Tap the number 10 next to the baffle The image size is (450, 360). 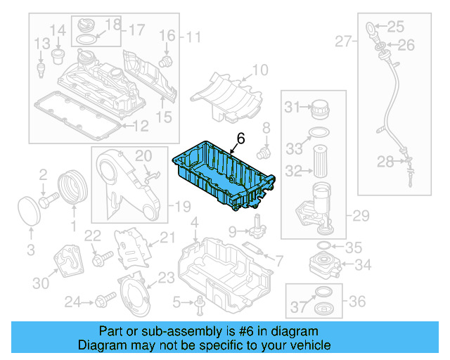[x=259, y=70]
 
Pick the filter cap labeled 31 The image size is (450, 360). [x=321, y=109]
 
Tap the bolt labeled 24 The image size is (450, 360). [x=106, y=301]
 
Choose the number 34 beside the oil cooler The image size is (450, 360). [x=363, y=265]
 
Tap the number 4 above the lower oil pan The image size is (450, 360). [x=194, y=223]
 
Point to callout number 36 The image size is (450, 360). [x=357, y=302]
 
